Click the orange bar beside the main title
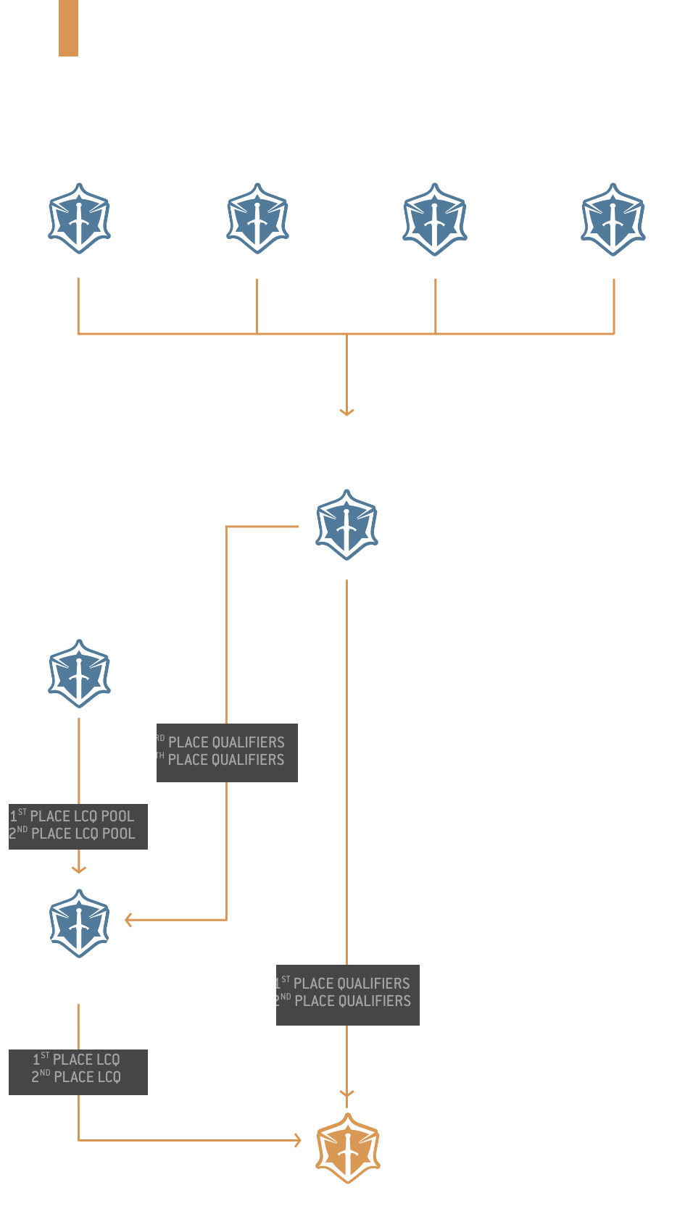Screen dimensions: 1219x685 click(68, 28)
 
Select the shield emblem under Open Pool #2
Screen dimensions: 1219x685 click(257, 219)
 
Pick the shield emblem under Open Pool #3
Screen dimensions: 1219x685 click(435, 219)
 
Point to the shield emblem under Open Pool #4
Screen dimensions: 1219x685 click(613, 219)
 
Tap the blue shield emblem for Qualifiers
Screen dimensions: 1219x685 click(346, 525)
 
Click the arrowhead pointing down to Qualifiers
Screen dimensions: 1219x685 click(346, 411)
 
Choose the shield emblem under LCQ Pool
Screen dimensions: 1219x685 click(79, 674)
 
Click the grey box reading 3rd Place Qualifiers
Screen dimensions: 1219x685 click(227, 752)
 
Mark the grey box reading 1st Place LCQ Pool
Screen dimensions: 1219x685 click(78, 826)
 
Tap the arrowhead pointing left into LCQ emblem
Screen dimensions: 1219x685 click(128, 920)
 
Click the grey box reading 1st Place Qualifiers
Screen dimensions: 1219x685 click(347, 994)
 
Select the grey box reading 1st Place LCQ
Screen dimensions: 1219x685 click(78, 1071)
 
